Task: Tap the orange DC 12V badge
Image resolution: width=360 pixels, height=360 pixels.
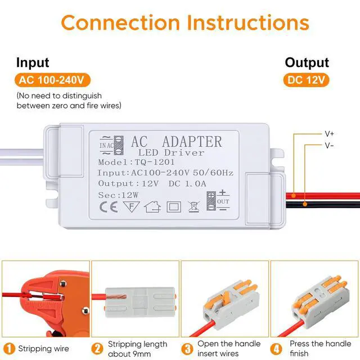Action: coord(307,80)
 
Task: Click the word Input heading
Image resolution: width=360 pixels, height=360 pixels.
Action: coord(33,62)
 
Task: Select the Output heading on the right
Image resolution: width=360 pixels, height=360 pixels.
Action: coord(307,62)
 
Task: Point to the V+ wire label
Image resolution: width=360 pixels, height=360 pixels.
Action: coord(329,134)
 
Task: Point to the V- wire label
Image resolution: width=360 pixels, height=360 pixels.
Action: coord(329,145)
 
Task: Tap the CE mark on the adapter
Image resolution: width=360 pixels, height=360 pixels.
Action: coord(108,206)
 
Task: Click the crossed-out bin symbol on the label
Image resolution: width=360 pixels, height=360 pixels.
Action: coord(193,206)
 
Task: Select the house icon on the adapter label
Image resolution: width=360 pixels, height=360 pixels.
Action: coord(152,206)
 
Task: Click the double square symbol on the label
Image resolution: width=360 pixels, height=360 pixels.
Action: coord(174,206)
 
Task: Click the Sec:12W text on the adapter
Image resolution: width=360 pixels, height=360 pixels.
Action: coord(118,194)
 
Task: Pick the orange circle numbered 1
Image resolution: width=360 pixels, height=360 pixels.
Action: coord(8,348)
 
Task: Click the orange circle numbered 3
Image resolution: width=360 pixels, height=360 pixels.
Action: coord(188,348)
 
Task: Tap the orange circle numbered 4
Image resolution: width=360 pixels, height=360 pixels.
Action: coord(278,348)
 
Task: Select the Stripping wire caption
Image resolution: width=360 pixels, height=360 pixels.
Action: coord(43,348)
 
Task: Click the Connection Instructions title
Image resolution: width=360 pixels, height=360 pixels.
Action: coord(185,22)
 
